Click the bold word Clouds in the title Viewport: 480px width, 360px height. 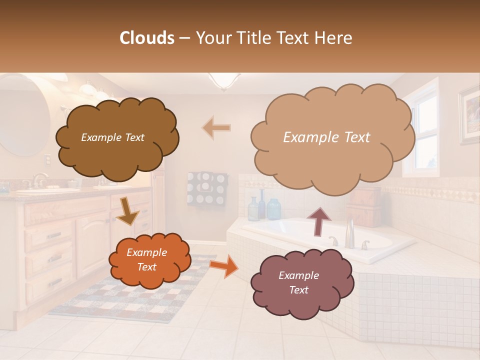pos(147,38)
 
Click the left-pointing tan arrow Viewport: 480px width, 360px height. pos(216,128)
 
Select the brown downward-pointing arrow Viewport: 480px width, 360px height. pos(127,210)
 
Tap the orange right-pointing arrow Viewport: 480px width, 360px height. pos(223,266)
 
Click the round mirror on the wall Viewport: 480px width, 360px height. pos(22,115)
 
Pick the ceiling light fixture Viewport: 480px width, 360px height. pos(223,80)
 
